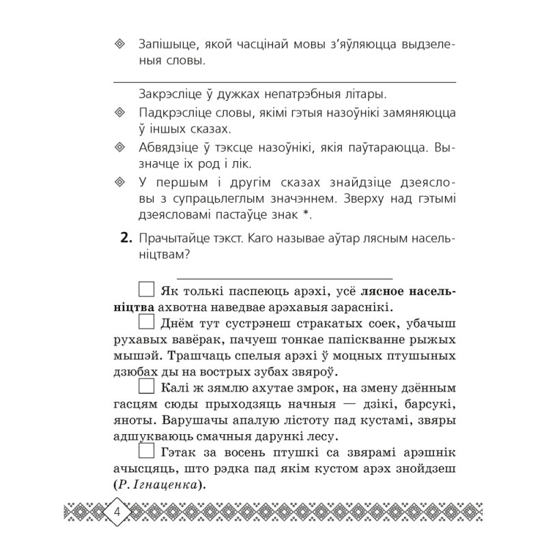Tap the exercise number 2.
124,237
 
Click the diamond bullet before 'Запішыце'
119,44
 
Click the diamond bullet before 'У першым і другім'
119,181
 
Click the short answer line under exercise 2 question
284,278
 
